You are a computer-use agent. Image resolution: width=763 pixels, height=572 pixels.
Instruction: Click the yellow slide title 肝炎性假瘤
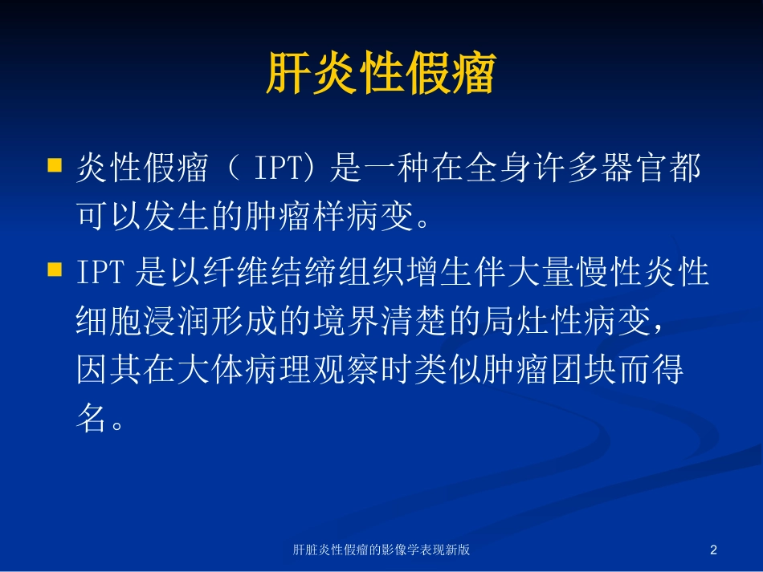(x=381, y=73)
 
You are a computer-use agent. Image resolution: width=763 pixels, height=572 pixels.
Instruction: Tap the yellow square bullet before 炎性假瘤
(x=55, y=165)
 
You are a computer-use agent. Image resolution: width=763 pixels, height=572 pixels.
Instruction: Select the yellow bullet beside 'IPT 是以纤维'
(x=55, y=270)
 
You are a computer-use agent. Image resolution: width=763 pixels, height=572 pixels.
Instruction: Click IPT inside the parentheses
(x=279, y=167)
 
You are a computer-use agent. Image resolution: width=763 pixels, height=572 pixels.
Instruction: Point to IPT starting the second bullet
(x=100, y=271)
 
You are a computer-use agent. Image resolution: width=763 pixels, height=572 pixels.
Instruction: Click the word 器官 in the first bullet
(x=634, y=167)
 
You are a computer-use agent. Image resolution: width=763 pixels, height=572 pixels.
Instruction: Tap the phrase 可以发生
(x=144, y=216)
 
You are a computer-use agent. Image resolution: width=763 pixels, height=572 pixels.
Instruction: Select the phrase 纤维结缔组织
(x=304, y=271)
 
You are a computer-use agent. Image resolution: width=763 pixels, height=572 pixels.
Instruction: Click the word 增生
(x=439, y=271)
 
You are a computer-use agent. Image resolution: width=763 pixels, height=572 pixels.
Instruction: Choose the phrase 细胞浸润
(x=144, y=321)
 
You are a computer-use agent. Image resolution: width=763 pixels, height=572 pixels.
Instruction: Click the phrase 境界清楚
(x=380, y=321)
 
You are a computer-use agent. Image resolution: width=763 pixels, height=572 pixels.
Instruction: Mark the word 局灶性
(x=532, y=321)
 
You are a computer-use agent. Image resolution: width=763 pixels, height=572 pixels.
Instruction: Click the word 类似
(x=447, y=369)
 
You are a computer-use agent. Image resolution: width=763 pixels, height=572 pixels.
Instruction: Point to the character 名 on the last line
(x=92, y=418)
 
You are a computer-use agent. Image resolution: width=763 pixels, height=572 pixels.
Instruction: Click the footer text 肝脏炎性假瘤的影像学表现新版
(x=381, y=550)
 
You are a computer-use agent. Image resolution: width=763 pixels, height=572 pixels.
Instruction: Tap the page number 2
(x=713, y=550)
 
